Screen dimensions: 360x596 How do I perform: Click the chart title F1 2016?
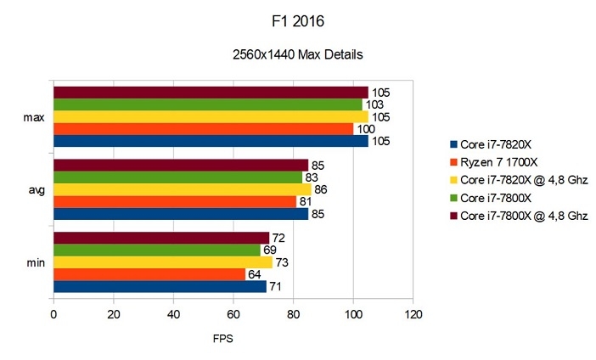(297, 19)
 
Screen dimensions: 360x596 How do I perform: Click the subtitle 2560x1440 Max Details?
(298, 55)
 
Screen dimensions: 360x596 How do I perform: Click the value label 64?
(255, 274)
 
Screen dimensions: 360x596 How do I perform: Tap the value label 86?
(321, 190)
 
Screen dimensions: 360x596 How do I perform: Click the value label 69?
(270, 250)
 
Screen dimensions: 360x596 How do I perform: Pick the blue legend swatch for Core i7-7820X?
(454, 144)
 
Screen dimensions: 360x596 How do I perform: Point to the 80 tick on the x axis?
(293, 315)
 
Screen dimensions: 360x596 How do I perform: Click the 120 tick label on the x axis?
(413, 315)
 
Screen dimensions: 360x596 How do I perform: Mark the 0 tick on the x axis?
(53, 315)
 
